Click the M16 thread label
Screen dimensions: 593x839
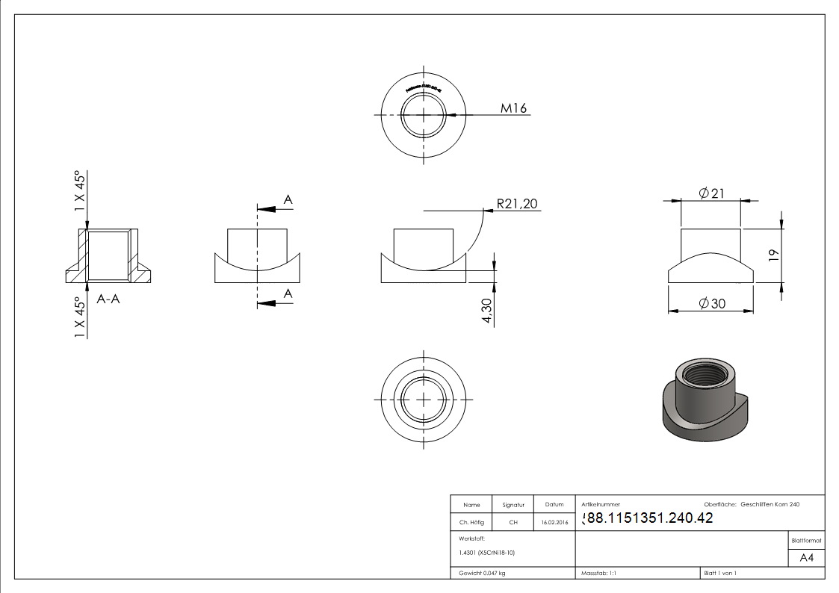pos(513,108)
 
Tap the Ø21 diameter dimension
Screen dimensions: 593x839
pos(711,193)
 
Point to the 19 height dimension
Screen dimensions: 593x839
pos(774,255)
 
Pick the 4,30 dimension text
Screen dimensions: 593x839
pos(487,310)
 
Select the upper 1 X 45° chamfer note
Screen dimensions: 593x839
pos(81,192)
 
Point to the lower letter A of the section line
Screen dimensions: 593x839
pos(288,296)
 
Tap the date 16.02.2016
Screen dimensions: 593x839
pos(554,523)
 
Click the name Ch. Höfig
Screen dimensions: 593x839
pos(471,523)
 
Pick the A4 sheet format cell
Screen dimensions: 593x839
pos(806,558)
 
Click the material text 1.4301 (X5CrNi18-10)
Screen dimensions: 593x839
pos(486,553)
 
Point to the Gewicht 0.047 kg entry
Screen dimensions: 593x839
pos(482,573)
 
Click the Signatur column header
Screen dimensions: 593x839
pos(513,505)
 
